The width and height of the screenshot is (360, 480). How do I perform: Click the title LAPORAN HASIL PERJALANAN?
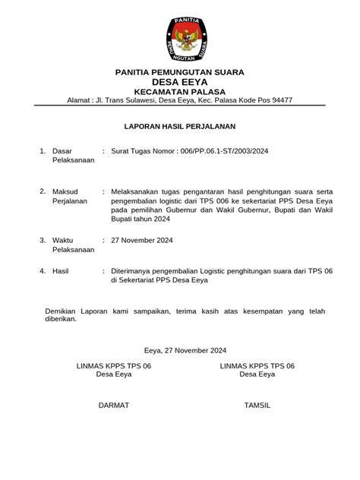[180, 126]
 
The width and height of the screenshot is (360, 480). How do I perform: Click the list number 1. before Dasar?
[43, 151]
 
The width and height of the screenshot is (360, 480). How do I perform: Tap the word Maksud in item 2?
[65, 191]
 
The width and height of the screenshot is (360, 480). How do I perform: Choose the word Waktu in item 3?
[64, 240]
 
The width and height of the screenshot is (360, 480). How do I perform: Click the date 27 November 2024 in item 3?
[142, 240]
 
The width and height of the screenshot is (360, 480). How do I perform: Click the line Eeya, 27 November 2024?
[185, 351]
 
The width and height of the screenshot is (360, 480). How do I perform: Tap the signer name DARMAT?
[114, 406]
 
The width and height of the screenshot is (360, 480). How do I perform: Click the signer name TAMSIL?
[257, 406]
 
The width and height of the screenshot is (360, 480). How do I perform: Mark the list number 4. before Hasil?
[43, 270]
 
